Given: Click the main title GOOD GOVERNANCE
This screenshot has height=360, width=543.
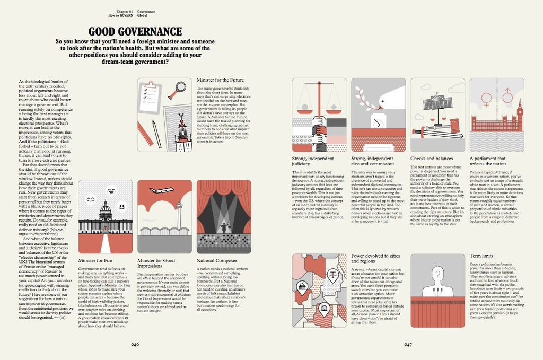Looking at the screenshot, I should coord(135,32).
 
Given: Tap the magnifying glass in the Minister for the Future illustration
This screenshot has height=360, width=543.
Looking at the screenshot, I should coord(176,93).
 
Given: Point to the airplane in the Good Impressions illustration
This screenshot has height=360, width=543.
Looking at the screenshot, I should coord(161,190).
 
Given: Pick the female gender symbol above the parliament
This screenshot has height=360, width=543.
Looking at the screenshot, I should coord(486,99).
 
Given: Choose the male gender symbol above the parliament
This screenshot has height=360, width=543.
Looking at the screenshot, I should coord(507,95).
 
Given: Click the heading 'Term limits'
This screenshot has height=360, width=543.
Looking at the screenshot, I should coord(482,256).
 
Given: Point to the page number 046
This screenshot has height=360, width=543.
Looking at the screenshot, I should coord(135,344).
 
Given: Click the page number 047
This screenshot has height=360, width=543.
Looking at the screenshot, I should coord(408,344).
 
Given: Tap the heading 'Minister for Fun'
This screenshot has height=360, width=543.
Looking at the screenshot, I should coord(96,261).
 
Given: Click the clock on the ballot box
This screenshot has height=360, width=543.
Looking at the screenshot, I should coord(378,123).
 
